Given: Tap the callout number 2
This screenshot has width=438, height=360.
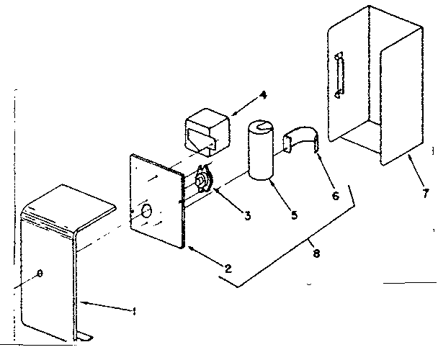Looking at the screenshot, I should (228, 269).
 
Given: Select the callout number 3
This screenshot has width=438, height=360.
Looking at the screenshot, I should (247, 215).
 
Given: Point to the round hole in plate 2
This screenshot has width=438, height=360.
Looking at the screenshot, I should (146, 211).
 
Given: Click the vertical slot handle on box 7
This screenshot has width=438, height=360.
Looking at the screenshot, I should (339, 74).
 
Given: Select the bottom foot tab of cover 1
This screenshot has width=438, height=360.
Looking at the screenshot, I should (87, 336).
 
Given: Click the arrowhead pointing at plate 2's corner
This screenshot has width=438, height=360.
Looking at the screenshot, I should (188, 248).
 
